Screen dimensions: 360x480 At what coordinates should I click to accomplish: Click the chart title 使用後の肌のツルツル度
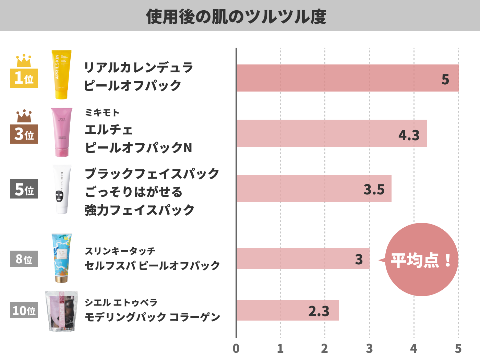tap(236, 16)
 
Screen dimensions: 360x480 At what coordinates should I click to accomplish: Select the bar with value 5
tap(347, 78)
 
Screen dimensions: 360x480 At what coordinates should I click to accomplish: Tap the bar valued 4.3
tap(331, 133)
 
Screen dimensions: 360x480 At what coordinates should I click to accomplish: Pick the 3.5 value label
tap(374, 189)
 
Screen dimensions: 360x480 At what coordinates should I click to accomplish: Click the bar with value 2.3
tap(287, 310)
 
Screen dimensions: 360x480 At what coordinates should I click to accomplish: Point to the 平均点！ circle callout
tap(422, 260)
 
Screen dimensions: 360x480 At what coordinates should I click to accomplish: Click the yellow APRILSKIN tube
tap(61, 74)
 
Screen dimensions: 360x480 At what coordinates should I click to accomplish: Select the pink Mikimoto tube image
tap(62, 132)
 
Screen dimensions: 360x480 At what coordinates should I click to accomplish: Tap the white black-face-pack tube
tap(62, 189)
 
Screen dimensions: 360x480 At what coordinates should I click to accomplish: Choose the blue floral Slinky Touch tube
tap(62, 258)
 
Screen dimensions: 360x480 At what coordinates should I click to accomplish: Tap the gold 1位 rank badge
tap(24, 78)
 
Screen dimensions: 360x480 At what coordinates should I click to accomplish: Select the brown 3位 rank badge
tap(24, 134)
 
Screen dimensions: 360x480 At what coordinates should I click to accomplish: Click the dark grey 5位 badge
tap(24, 189)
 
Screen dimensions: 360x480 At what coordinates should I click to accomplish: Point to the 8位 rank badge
tap(24, 259)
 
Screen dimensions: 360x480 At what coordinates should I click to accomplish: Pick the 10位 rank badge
tap(24, 310)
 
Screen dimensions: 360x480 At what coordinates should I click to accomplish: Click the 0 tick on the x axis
tap(236, 348)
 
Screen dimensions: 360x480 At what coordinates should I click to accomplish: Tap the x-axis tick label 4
tap(414, 348)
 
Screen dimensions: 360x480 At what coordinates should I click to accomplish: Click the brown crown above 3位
tap(24, 116)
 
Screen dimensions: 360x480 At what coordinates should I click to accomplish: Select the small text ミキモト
tap(102, 112)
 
